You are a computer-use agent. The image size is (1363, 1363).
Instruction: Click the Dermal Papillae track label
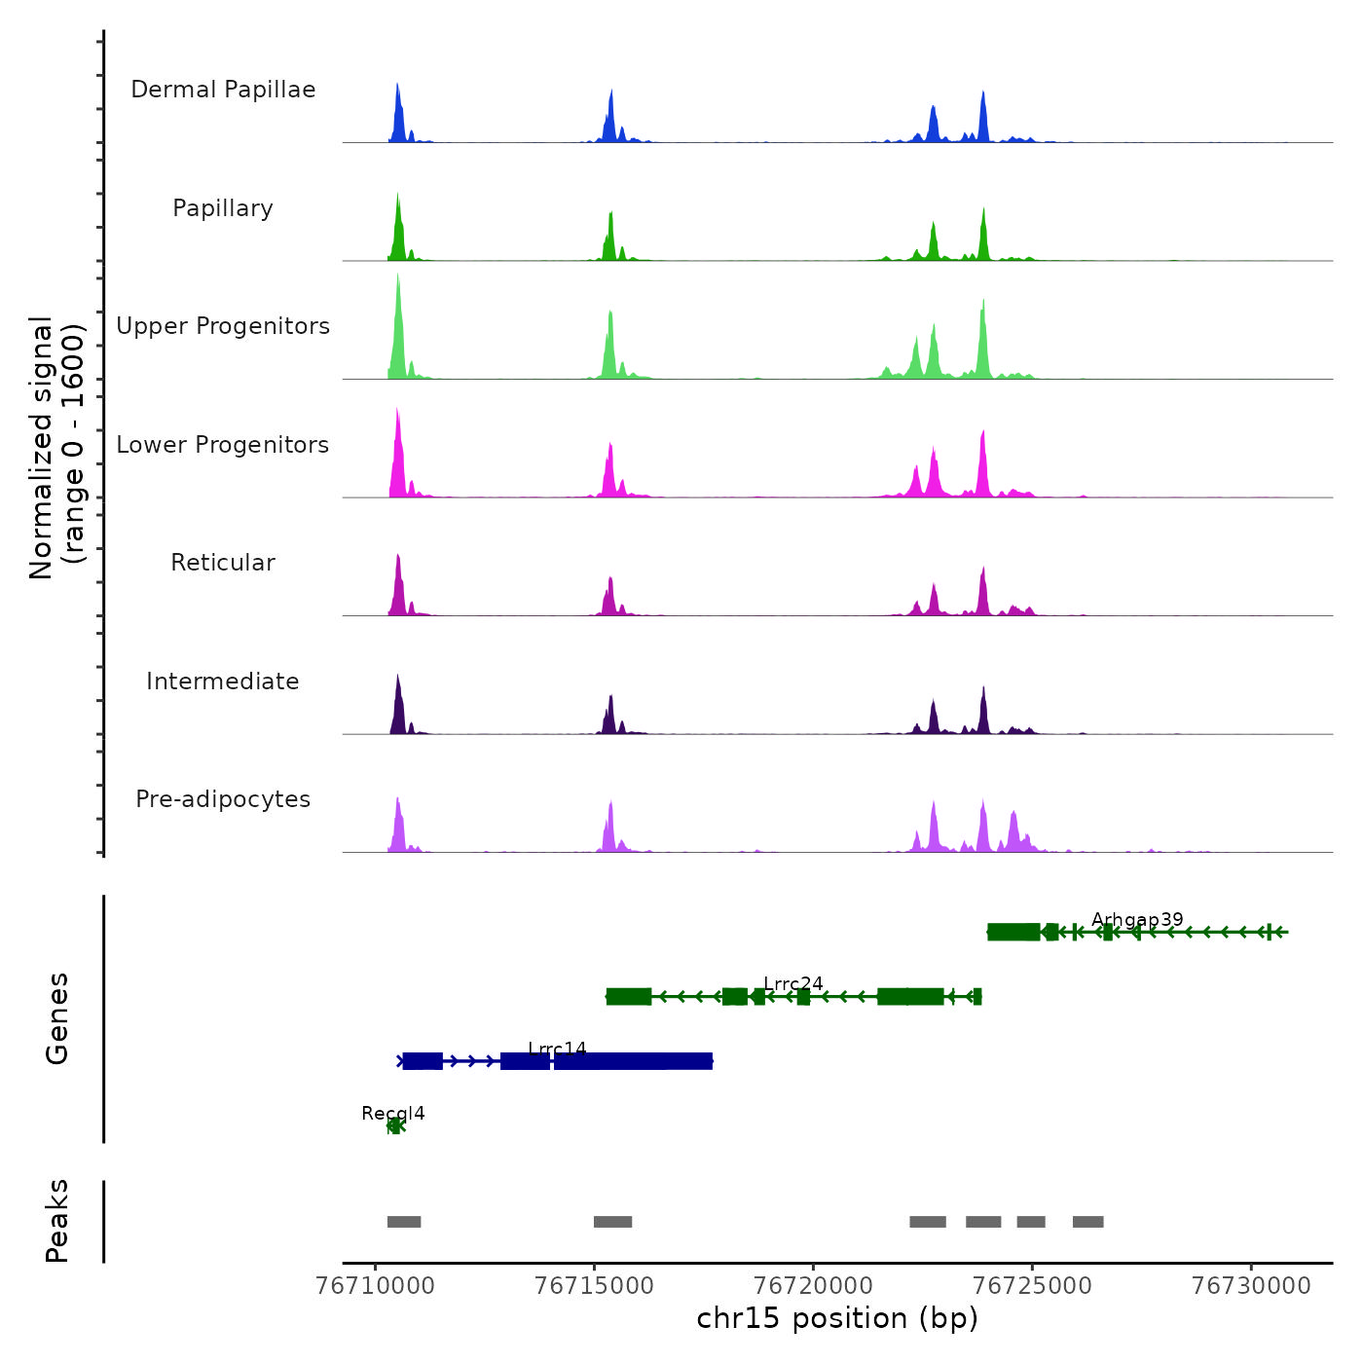click(x=223, y=90)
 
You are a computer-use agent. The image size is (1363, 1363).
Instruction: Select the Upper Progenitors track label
click(x=223, y=326)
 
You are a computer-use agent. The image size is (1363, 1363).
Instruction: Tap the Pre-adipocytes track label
click(x=223, y=799)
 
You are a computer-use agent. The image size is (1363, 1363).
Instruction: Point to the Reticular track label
click(x=223, y=563)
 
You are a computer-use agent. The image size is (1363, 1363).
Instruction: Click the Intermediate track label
click(x=223, y=681)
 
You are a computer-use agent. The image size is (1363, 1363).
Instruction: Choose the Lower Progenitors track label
click(x=223, y=445)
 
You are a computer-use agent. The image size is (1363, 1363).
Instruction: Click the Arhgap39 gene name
click(x=1137, y=920)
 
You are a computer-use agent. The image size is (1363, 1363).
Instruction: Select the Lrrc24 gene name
click(x=793, y=984)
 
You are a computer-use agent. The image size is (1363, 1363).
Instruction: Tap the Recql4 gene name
click(x=393, y=1114)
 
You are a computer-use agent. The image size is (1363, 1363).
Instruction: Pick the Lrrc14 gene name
click(x=557, y=1049)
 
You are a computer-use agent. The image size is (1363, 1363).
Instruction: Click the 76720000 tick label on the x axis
click(x=814, y=1286)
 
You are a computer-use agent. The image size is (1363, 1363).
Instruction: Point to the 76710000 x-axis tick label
click(x=376, y=1286)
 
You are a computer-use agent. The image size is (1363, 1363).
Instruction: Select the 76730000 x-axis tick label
click(x=1252, y=1286)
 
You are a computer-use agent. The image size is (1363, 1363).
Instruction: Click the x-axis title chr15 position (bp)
click(x=837, y=1319)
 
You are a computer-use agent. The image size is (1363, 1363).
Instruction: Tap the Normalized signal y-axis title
click(x=56, y=447)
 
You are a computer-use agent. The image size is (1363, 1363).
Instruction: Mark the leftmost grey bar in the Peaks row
click(x=404, y=1222)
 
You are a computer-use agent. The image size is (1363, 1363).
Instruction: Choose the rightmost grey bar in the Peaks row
click(x=1088, y=1222)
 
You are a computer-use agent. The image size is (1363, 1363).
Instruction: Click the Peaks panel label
click(x=57, y=1221)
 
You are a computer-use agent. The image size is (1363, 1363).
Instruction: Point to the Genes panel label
click(x=57, y=1018)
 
